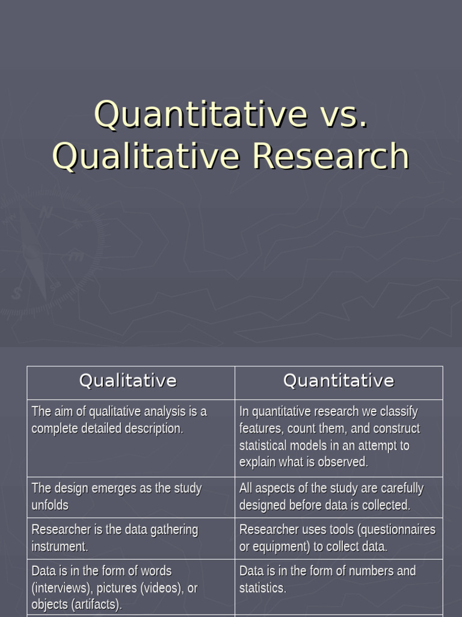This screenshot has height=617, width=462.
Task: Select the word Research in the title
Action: pyautogui.click(x=331, y=155)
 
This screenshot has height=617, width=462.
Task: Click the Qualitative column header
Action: pyautogui.click(x=128, y=381)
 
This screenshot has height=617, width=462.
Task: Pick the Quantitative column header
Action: pyautogui.click(x=339, y=381)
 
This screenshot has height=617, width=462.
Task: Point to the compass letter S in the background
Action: pyautogui.click(x=17, y=294)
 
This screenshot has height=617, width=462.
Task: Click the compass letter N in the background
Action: pyautogui.click(x=46, y=213)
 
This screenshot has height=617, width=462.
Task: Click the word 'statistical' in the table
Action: pyautogui.click(x=263, y=446)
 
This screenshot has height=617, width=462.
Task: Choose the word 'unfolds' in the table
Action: pyautogui.click(x=50, y=505)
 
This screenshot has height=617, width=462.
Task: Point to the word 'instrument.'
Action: pyautogui.click(x=60, y=547)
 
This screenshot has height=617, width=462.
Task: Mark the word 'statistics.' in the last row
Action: pyautogui.click(x=263, y=587)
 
